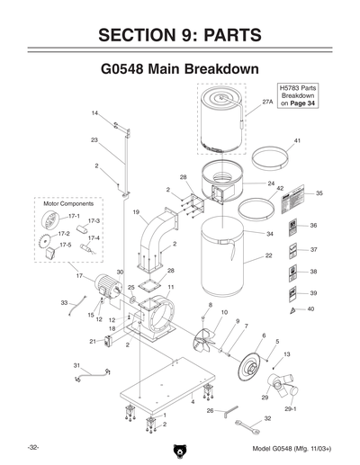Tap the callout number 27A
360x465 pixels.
[x=267, y=103]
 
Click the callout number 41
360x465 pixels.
[x=298, y=142]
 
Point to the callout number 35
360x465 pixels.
[x=319, y=193]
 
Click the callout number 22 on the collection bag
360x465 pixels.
[x=269, y=255]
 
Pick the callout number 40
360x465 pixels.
[x=311, y=309]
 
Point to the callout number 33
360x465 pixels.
[x=64, y=303]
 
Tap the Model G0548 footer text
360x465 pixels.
[x=293, y=448]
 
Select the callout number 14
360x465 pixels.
[x=94, y=113]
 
